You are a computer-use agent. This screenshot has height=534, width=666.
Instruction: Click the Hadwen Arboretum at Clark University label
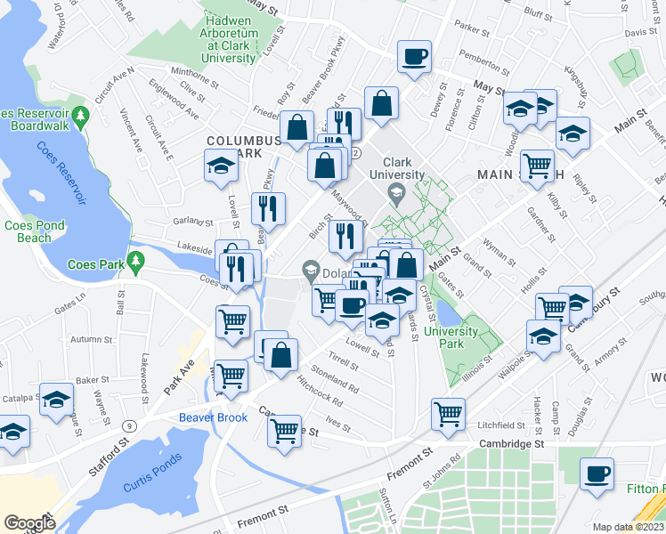(x=231, y=38)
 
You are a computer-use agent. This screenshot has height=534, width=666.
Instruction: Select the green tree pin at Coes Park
(x=135, y=262)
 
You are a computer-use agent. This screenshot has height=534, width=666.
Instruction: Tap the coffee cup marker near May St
(x=414, y=58)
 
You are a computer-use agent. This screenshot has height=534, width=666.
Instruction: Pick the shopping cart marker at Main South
(x=537, y=166)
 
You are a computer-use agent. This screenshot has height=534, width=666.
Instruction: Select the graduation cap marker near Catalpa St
(x=57, y=400)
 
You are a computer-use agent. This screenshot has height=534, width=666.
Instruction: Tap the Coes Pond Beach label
(x=34, y=231)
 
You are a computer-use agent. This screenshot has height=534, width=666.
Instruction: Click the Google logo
(x=29, y=523)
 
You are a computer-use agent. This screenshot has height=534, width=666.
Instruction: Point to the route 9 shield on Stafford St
(x=130, y=426)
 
